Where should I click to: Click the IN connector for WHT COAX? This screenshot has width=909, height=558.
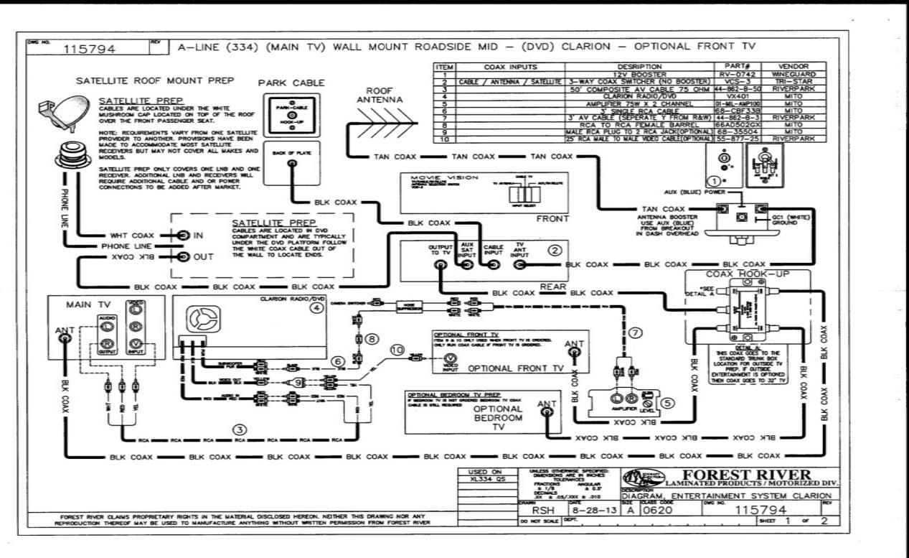coord(184,235)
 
